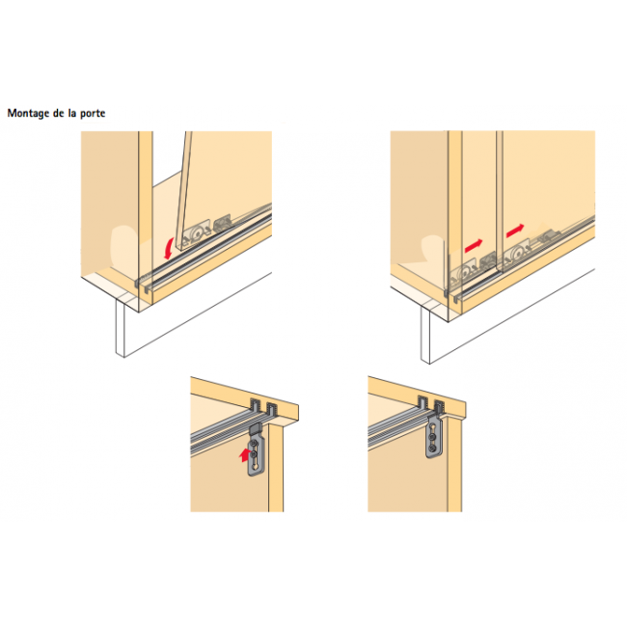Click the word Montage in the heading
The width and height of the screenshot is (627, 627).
pos(29,113)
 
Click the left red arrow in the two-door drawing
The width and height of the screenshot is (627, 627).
pos(474,247)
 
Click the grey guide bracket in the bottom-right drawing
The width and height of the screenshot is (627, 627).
pos(436,440)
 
